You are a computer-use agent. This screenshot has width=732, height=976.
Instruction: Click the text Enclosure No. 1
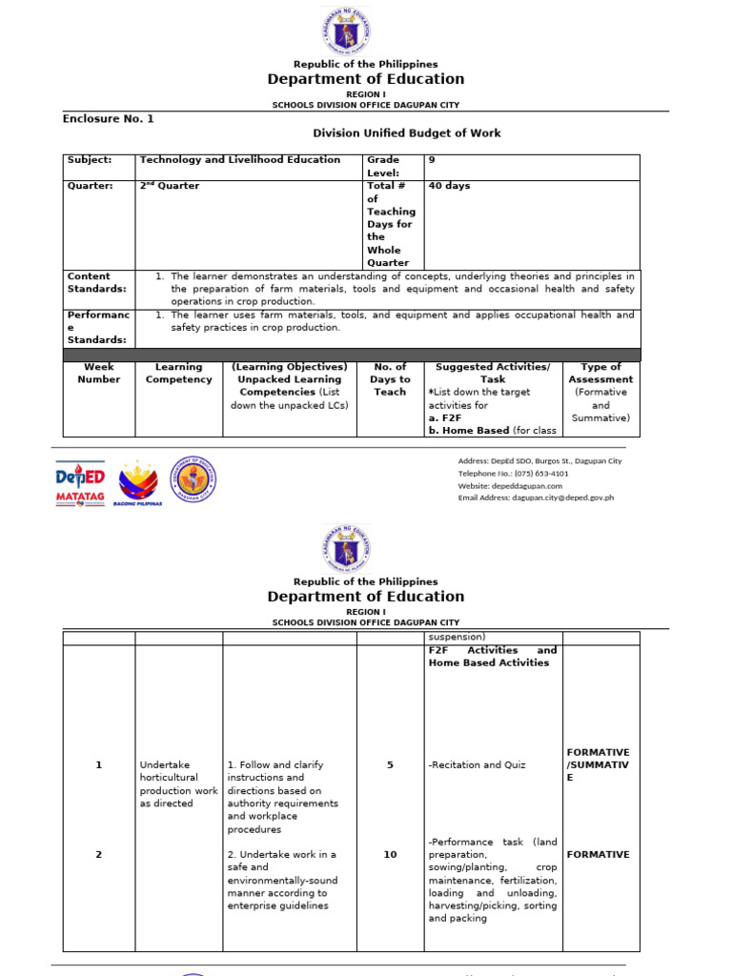pyautogui.click(x=108, y=119)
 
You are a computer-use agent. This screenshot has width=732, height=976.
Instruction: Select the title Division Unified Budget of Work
pyautogui.click(x=407, y=133)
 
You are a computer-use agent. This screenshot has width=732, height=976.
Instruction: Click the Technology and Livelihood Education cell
pyautogui.click(x=239, y=160)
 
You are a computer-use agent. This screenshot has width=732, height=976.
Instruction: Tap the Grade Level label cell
pyautogui.click(x=383, y=166)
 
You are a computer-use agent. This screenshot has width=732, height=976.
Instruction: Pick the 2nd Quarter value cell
pyautogui.click(x=170, y=186)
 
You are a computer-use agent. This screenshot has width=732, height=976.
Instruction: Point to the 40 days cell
pyautogui.click(x=449, y=186)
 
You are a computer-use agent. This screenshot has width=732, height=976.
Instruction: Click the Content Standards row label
pyautogui.click(x=95, y=282)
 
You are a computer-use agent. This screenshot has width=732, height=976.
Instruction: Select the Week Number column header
pyautogui.click(x=99, y=373)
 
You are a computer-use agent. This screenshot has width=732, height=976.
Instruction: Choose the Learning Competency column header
pyautogui.click(x=178, y=373)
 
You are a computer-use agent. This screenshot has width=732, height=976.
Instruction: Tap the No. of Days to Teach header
pyautogui.click(x=390, y=379)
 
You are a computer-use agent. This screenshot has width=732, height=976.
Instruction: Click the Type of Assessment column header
pyautogui.click(x=600, y=392)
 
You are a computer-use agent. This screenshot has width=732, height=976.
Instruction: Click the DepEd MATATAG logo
pyautogui.click(x=80, y=482)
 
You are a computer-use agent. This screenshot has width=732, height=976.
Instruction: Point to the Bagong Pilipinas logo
pyautogui.click(x=137, y=482)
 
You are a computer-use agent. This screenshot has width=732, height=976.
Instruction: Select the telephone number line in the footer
pyautogui.click(x=513, y=473)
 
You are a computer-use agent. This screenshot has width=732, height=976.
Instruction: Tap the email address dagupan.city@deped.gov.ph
pyautogui.click(x=536, y=498)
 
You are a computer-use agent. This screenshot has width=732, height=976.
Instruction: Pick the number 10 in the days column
pyautogui.click(x=390, y=855)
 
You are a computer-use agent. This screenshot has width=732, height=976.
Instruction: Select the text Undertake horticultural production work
pyautogui.click(x=178, y=783)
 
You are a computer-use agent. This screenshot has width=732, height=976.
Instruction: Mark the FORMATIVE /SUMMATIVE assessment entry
pyautogui.click(x=598, y=764)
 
